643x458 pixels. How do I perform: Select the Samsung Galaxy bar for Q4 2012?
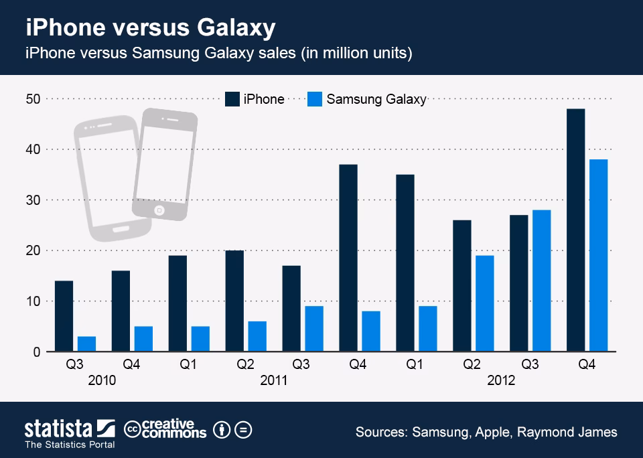pos(598,255)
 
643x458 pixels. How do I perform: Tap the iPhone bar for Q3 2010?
pos(64,316)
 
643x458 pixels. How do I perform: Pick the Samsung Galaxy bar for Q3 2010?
pos(86,343)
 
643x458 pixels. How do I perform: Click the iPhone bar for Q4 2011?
pos(348,258)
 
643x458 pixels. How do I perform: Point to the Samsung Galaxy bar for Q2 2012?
pos(484,303)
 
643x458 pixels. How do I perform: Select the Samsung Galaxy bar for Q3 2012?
pos(541,281)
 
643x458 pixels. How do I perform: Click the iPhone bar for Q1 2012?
pos(405,262)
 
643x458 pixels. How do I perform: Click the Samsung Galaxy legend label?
pos(376,99)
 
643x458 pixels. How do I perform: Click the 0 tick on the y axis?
pos(37,352)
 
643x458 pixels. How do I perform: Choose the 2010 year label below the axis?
pos(102,380)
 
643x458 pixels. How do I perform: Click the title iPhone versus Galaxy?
pos(150,29)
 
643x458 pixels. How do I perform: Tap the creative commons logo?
pos(165,429)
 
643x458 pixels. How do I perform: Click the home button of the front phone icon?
pos(159,210)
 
